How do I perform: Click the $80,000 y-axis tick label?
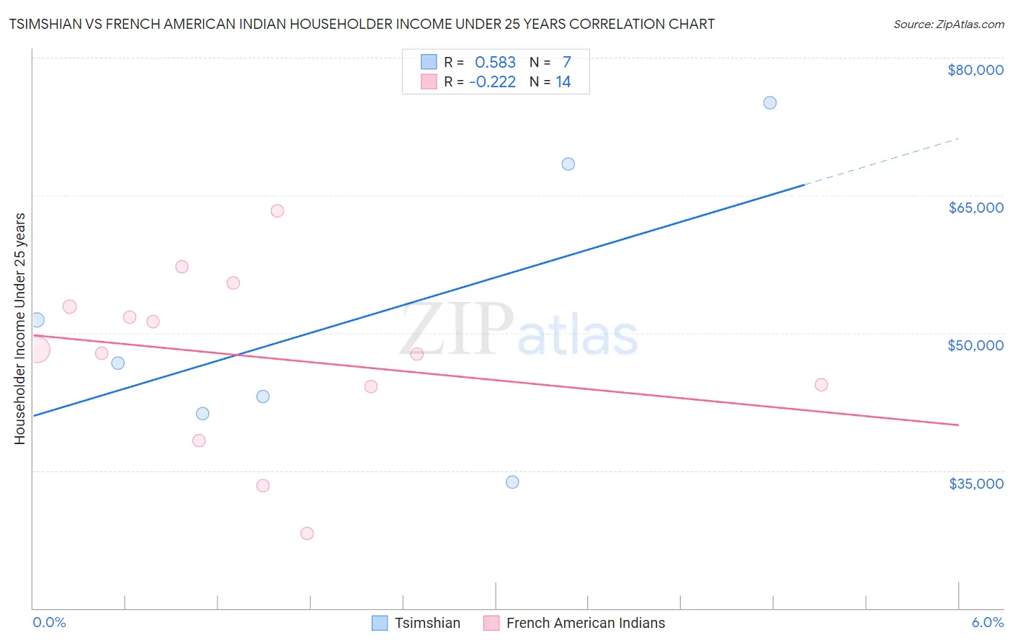coord(975,70)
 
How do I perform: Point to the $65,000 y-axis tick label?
coord(976,208)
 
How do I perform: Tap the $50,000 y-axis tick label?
coord(975,345)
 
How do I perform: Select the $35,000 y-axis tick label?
coord(976,484)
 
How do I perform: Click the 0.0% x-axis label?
coord(49,622)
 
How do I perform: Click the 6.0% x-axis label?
coord(987,622)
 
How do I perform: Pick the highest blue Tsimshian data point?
coord(769,102)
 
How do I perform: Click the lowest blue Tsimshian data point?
coord(512,482)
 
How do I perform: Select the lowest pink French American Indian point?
coord(307,533)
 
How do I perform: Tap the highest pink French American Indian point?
coord(277,210)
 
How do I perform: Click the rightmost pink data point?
coord(821,384)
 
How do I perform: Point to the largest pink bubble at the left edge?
coord(37,350)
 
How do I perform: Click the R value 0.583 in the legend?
coord(495,62)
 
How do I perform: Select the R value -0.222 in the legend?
coord(493,81)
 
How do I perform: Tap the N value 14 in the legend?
coord(563,81)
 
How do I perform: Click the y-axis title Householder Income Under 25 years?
coord(20,328)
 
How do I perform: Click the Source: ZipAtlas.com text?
coord(948,24)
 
